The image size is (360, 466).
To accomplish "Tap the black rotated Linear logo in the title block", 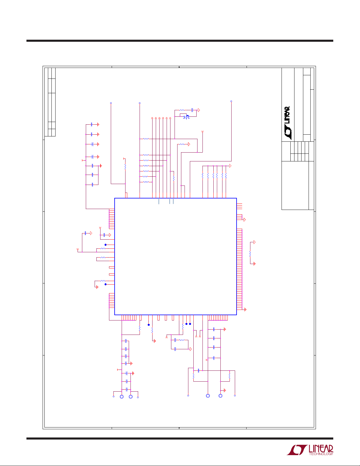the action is point(287,123).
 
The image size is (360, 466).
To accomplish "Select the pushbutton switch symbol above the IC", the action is point(186,117).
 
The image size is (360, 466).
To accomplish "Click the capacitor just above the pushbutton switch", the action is point(192,110).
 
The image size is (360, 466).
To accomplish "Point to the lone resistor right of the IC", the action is point(250,254).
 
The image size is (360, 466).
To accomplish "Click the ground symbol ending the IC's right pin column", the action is point(245,310).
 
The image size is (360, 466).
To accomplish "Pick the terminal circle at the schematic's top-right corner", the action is point(231,101).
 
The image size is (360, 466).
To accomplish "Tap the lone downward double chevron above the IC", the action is point(202,132).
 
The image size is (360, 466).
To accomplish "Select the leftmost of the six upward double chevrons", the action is point(152,118).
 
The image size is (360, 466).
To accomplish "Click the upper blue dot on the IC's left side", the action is point(106,245).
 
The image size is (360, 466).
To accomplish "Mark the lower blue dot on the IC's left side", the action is point(106,284).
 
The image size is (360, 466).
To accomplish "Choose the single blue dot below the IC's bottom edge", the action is point(149,325).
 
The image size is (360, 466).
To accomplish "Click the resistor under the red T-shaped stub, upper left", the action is point(125,167).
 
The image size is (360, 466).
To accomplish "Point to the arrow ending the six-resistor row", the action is point(230,166).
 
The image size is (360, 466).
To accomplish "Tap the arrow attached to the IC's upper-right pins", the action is point(245,220).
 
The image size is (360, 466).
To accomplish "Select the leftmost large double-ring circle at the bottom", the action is point(122,397).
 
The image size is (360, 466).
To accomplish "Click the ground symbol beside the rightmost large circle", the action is point(225,390).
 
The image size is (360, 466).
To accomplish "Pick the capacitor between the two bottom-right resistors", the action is point(199,370).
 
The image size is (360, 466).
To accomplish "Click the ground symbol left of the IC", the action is point(97,287).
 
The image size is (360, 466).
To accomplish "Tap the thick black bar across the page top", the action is point(180,41).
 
